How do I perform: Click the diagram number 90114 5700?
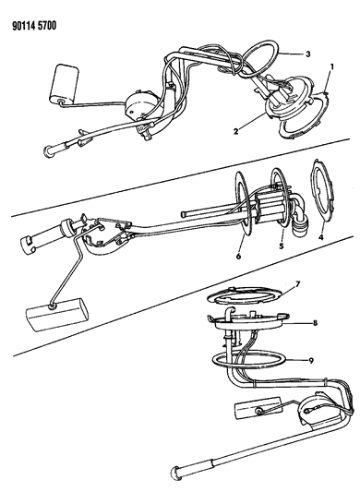pos(34,26)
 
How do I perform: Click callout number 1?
pos(331,66)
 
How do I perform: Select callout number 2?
pos(236,130)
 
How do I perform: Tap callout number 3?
pos(308,54)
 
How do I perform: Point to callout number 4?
pos(320,237)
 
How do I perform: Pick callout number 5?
pos(282,246)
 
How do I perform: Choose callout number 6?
pos(238,257)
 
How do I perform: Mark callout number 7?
pos(297,284)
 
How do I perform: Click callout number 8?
pos(315,322)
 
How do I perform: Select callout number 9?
pos(311,361)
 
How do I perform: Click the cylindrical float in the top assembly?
pos(64,83)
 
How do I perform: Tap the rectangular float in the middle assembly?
pos(56,314)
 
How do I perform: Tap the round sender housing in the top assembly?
pos(139,104)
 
